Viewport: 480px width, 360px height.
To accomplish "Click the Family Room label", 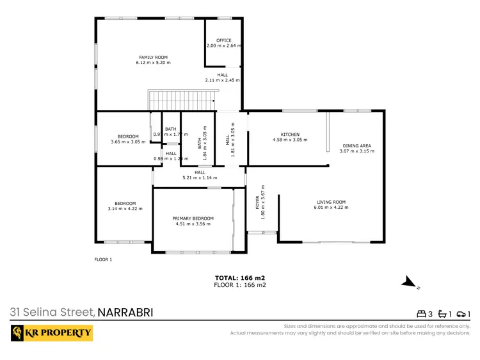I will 153,57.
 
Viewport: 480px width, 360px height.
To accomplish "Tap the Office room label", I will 223,40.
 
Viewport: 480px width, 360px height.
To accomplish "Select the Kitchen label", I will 290,134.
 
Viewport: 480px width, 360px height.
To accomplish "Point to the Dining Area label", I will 356,145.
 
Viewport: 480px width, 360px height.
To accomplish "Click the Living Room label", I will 330,202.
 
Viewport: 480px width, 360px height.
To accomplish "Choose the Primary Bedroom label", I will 193,218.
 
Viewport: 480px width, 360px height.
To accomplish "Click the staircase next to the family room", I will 181,101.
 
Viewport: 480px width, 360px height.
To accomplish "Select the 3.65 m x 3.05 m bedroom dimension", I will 127,142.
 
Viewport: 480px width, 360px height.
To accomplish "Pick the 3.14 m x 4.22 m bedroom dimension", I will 125,208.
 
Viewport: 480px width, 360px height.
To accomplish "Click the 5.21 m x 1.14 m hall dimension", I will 200,177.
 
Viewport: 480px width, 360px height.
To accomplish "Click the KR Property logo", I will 52,333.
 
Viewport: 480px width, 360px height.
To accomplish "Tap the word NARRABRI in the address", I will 125,313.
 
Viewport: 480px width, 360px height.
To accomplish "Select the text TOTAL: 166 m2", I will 239,278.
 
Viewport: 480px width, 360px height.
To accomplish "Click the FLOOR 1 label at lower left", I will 103,259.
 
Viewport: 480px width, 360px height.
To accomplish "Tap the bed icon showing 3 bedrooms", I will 422,314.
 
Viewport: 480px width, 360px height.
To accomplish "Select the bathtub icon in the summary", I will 442,314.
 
